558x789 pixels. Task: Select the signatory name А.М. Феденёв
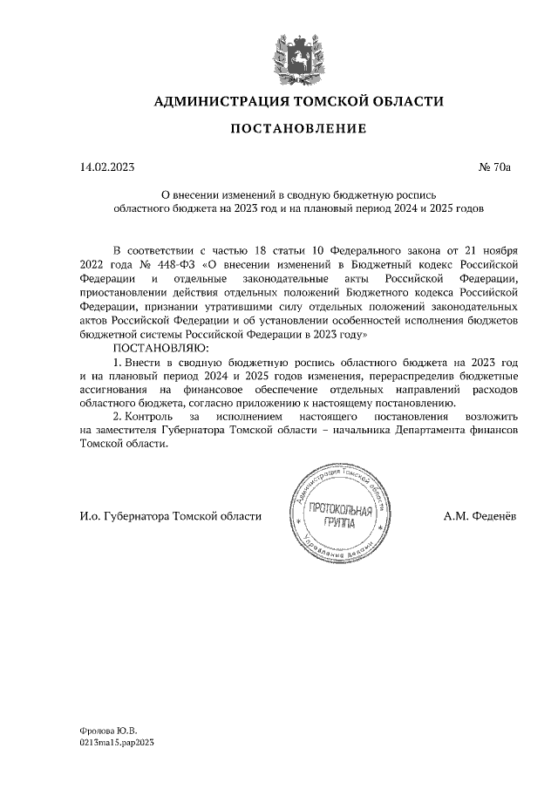tap(480, 516)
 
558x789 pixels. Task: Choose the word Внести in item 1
tap(147, 361)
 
